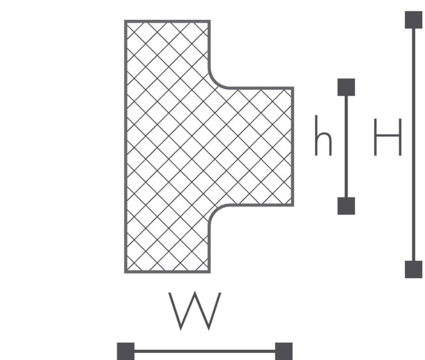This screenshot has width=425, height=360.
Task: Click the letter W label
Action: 194,311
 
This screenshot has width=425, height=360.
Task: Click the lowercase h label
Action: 323,136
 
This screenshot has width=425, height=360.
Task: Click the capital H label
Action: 388,137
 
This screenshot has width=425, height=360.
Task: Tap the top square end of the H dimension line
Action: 414,20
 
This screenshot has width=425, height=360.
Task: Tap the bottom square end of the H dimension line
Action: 414,270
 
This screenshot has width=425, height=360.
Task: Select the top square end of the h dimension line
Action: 346,87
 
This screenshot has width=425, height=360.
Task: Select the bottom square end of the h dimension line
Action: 346,206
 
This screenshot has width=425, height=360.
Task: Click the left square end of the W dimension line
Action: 126,351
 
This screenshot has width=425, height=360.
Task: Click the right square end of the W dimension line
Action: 284,351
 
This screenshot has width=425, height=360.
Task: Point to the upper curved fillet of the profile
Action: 215,82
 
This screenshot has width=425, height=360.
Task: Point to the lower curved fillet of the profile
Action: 215,211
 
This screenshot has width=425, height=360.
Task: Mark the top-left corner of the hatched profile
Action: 125,21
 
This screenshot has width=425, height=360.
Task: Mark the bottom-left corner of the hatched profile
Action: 125,272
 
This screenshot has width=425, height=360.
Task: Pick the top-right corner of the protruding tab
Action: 293,88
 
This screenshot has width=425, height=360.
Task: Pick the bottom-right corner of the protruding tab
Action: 293,205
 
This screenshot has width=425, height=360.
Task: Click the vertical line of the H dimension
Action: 414,145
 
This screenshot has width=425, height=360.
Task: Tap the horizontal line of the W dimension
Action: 205,351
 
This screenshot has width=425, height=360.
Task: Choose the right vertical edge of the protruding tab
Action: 293,146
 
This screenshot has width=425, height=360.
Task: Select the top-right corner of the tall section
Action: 209,21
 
